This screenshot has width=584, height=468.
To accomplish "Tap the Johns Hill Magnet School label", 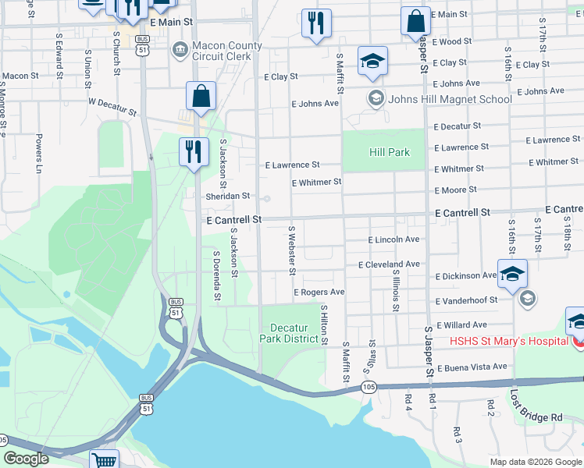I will (x=450, y=98).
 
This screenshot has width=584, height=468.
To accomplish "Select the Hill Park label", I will (x=389, y=152).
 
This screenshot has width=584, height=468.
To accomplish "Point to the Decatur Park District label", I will (x=289, y=333).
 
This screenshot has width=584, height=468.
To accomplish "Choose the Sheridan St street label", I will (x=228, y=197).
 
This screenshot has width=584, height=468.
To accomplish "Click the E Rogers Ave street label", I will (x=319, y=292).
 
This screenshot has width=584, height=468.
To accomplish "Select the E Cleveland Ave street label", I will (x=389, y=264).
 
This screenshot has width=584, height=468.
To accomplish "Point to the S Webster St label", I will (x=291, y=250).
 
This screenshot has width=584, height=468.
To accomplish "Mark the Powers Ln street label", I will (x=38, y=153).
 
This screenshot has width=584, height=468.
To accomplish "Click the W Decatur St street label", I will (x=112, y=106).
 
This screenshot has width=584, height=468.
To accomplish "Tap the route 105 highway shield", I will (x=369, y=387).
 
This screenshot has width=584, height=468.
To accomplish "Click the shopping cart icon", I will (x=104, y=459).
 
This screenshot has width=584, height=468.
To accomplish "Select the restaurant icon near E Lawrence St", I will (x=194, y=151).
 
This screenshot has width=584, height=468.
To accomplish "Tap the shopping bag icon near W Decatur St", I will (x=201, y=96).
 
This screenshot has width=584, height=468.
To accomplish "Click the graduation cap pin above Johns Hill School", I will (x=373, y=61).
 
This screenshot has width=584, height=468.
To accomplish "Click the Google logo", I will (x=26, y=459).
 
